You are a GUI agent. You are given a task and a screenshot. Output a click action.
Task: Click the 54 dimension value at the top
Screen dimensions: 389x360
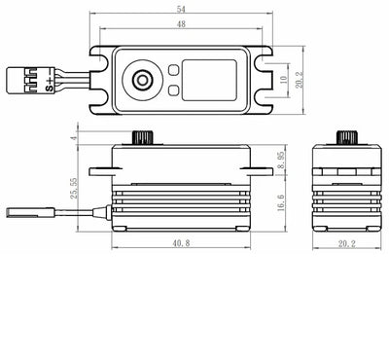pyautogui.click(x=181, y=9)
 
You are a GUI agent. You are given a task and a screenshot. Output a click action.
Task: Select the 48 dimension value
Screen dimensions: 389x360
pyautogui.click(x=181, y=24)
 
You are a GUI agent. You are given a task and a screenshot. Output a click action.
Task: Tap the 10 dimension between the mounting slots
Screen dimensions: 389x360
pyautogui.click(x=283, y=80)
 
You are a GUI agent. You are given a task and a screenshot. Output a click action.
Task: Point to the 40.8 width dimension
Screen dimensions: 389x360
pyautogui.click(x=181, y=243)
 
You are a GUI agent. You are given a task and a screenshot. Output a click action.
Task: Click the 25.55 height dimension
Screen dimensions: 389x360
pyautogui.click(x=74, y=188)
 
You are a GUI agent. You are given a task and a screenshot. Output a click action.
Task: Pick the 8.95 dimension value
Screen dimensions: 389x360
pyautogui.click(x=281, y=161)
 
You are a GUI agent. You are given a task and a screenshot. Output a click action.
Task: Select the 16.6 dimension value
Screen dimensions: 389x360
pyautogui.click(x=281, y=203)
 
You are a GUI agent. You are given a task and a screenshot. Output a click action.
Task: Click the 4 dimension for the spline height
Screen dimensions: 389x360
pyautogui.click(x=74, y=138)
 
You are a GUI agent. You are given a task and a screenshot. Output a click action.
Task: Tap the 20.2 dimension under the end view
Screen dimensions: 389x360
pyautogui.click(x=347, y=244)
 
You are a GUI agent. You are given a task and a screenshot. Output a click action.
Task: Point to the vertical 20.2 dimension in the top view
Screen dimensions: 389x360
pyautogui.click(x=299, y=80)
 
